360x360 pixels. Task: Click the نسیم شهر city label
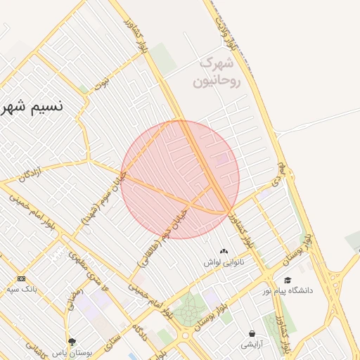tap(32, 107)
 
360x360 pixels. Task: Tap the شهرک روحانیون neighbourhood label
tap(220, 72)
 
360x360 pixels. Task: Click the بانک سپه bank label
tap(20, 289)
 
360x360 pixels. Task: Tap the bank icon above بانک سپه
tap(20, 279)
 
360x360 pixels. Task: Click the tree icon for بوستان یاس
tap(72, 341)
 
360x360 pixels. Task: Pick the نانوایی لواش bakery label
tap(224, 262)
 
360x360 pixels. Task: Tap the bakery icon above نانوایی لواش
tap(224, 251)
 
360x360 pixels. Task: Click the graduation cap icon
tap(288, 280)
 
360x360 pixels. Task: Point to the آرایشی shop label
tap(251, 345)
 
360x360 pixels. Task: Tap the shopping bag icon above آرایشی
tap(251, 334)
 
